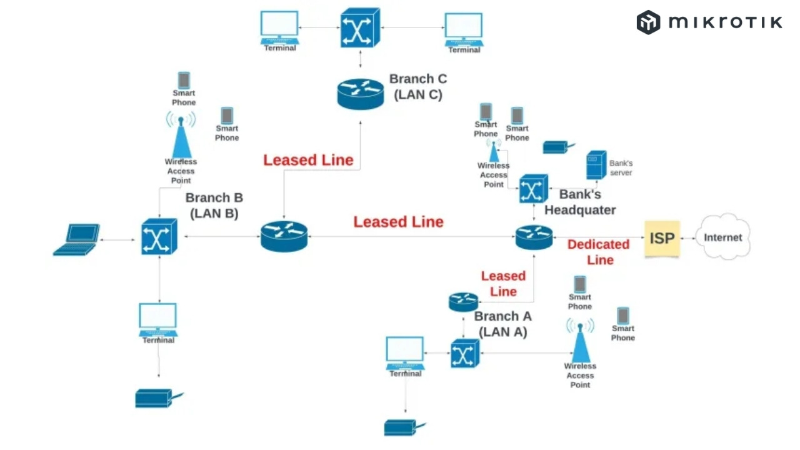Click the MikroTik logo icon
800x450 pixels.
649,22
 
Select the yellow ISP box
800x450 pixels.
662,238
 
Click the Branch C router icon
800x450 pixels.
359,93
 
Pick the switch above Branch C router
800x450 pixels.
360,27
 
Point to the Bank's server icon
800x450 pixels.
596,165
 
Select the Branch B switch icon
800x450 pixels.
159,237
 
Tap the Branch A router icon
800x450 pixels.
463,302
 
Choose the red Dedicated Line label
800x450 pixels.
599,252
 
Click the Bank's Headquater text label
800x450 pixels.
580,202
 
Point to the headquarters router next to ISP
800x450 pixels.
534,237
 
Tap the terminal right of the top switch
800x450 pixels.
464,29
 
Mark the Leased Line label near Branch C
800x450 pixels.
308,160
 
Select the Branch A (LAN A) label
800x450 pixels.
502,324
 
